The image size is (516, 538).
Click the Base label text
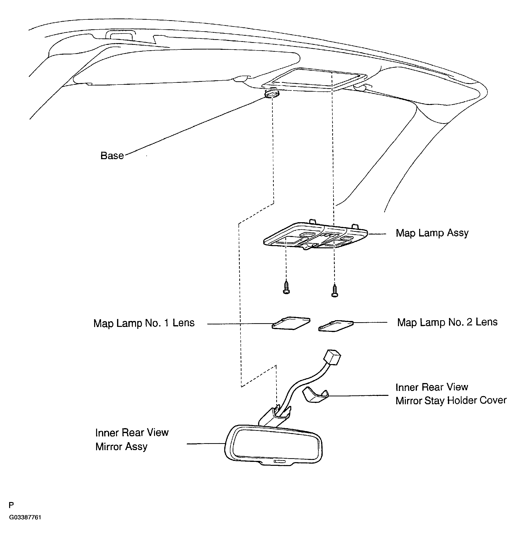click(x=112, y=156)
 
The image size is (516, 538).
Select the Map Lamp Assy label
click(x=432, y=233)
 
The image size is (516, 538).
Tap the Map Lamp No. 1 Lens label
click(x=144, y=323)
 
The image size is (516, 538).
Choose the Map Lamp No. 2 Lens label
click(x=447, y=322)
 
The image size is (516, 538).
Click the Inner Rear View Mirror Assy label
click(x=132, y=439)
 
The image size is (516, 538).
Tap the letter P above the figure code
click(x=11, y=505)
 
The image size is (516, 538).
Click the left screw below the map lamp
click(x=286, y=287)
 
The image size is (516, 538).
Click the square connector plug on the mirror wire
click(x=332, y=357)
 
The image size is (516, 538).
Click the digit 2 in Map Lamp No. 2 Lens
click(x=469, y=322)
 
